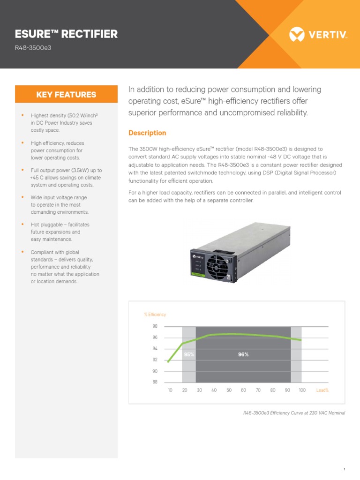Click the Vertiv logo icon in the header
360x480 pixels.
point(297,34)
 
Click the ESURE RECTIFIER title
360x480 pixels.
point(67,34)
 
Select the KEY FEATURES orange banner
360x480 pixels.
point(66,94)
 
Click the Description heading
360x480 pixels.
point(147,133)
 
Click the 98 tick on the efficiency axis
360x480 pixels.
point(155,326)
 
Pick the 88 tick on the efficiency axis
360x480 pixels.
point(155,382)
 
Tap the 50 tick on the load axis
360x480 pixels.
point(229,390)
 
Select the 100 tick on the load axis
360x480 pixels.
point(302,390)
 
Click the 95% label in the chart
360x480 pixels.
point(189,354)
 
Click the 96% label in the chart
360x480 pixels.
point(243,354)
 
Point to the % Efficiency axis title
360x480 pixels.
point(155,315)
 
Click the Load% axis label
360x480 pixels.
point(322,390)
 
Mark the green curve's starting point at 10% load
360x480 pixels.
point(168,361)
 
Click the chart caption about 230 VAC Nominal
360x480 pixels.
point(294,413)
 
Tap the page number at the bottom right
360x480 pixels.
point(344,469)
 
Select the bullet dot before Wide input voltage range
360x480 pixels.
point(22,197)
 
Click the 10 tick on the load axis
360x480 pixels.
point(170,390)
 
